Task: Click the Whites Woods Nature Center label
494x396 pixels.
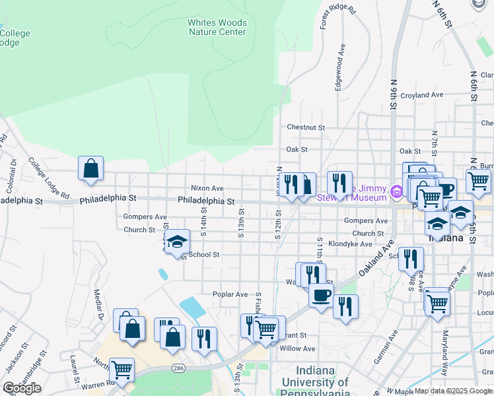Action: tap(217, 26)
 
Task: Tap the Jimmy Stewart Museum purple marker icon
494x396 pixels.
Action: tap(396, 193)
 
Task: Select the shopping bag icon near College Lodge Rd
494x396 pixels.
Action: tap(90, 168)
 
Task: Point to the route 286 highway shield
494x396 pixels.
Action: tap(178, 366)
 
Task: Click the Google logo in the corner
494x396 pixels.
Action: tap(22, 388)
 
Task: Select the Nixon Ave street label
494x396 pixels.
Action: tap(207, 188)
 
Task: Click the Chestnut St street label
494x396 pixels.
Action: tap(306, 127)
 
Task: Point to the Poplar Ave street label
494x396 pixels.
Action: tap(230, 294)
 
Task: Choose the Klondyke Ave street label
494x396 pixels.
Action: tap(350, 244)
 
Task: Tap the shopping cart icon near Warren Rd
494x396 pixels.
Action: tap(122, 370)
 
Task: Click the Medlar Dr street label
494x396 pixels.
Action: tap(98, 306)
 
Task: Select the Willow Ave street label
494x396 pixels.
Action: tap(298, 348)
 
